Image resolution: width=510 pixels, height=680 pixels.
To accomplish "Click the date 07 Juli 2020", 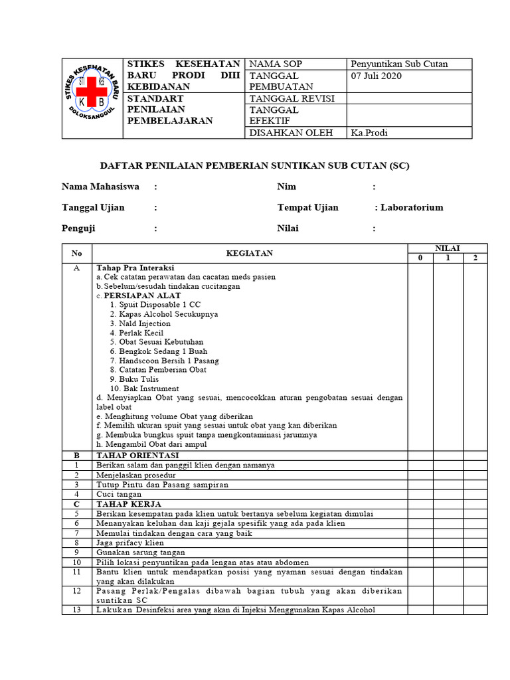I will pos(376,76).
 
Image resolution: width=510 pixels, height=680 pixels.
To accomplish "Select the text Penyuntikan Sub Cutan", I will pos(399,64).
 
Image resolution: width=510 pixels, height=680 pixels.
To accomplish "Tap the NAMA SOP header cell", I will pos(275,64).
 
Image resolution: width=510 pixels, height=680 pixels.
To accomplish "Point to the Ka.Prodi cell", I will pos(369,132).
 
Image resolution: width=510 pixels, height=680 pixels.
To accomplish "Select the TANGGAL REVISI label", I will pos(291,98).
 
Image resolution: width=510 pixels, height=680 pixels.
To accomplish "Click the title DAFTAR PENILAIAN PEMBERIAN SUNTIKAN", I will pos(254,165).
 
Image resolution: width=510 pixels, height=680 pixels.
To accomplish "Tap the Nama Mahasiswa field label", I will pos(100,187).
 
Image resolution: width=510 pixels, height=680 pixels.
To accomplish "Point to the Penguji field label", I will pos(78,228).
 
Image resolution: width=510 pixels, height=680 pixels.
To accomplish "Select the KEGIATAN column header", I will pos(249,253).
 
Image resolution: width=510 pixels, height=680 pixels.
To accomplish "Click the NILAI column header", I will pos(447,248).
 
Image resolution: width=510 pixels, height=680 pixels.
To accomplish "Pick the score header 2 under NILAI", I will pos(475,258).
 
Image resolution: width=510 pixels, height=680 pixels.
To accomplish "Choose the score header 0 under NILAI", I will pos(420,258).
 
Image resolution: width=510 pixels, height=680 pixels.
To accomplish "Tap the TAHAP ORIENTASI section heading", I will pos(137,456).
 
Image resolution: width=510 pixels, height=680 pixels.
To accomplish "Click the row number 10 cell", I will pos(76,561).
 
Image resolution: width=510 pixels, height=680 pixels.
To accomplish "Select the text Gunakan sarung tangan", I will pos(141,552).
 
